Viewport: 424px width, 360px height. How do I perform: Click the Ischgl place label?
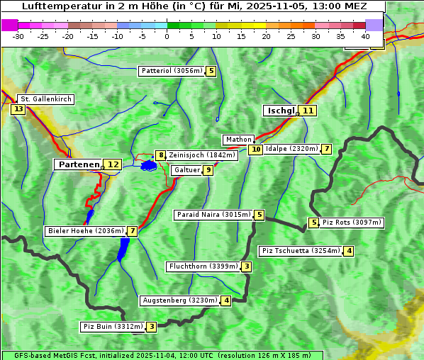click(281, 111)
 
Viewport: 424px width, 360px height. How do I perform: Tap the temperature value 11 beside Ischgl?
click(308, 111)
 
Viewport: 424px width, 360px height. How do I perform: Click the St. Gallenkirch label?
click(45, 99)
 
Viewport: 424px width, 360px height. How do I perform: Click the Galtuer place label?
click(187, 170)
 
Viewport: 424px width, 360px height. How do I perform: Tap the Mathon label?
click(238, 140)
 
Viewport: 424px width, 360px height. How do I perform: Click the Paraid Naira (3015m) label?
click(213, 215)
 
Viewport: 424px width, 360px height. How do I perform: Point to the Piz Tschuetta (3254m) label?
click(301, 251)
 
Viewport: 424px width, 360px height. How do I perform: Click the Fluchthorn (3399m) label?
click(203, 266)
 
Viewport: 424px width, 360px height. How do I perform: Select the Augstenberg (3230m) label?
click(180, 300)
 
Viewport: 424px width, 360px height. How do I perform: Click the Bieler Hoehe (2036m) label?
click(85, 231)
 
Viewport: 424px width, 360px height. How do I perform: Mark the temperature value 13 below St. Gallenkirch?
click(18, 109)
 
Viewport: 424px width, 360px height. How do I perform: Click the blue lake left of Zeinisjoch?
click(148, 165)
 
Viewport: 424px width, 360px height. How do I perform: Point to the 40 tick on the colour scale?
click(365, 35)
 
